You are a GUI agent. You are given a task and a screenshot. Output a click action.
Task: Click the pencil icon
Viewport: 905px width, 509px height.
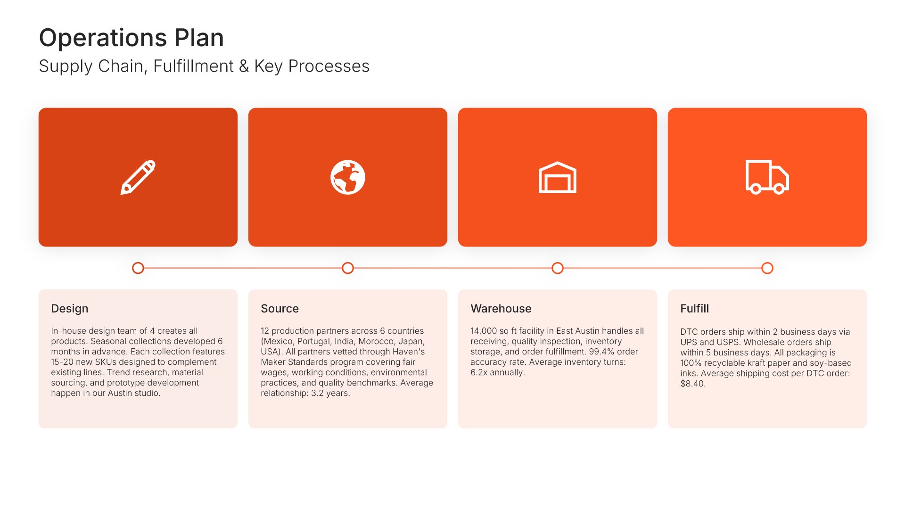(138, 177)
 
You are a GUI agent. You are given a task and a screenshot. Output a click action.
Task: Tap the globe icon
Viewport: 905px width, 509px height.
(348, 177)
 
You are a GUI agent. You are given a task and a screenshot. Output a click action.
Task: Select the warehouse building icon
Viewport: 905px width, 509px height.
(558, 177)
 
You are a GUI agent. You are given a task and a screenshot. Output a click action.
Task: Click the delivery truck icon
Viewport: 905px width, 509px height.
(767, 177)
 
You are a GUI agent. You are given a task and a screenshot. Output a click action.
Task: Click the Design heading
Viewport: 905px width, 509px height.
(70, 309)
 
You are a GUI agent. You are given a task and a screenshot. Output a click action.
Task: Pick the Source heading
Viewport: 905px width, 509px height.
(280, 309)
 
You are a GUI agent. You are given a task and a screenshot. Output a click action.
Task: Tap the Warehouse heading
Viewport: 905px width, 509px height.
(501, 309)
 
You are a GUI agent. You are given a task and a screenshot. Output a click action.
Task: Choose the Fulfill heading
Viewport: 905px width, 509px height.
(695, 309)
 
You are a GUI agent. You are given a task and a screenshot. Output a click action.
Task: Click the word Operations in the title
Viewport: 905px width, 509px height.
(103, 38)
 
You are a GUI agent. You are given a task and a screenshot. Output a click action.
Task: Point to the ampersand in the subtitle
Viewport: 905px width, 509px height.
(244, 66)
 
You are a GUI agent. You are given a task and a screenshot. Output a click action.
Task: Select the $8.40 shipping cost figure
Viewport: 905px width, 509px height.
(692, 384)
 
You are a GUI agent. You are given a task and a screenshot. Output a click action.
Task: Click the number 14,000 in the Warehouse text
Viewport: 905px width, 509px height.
(484, 331)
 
